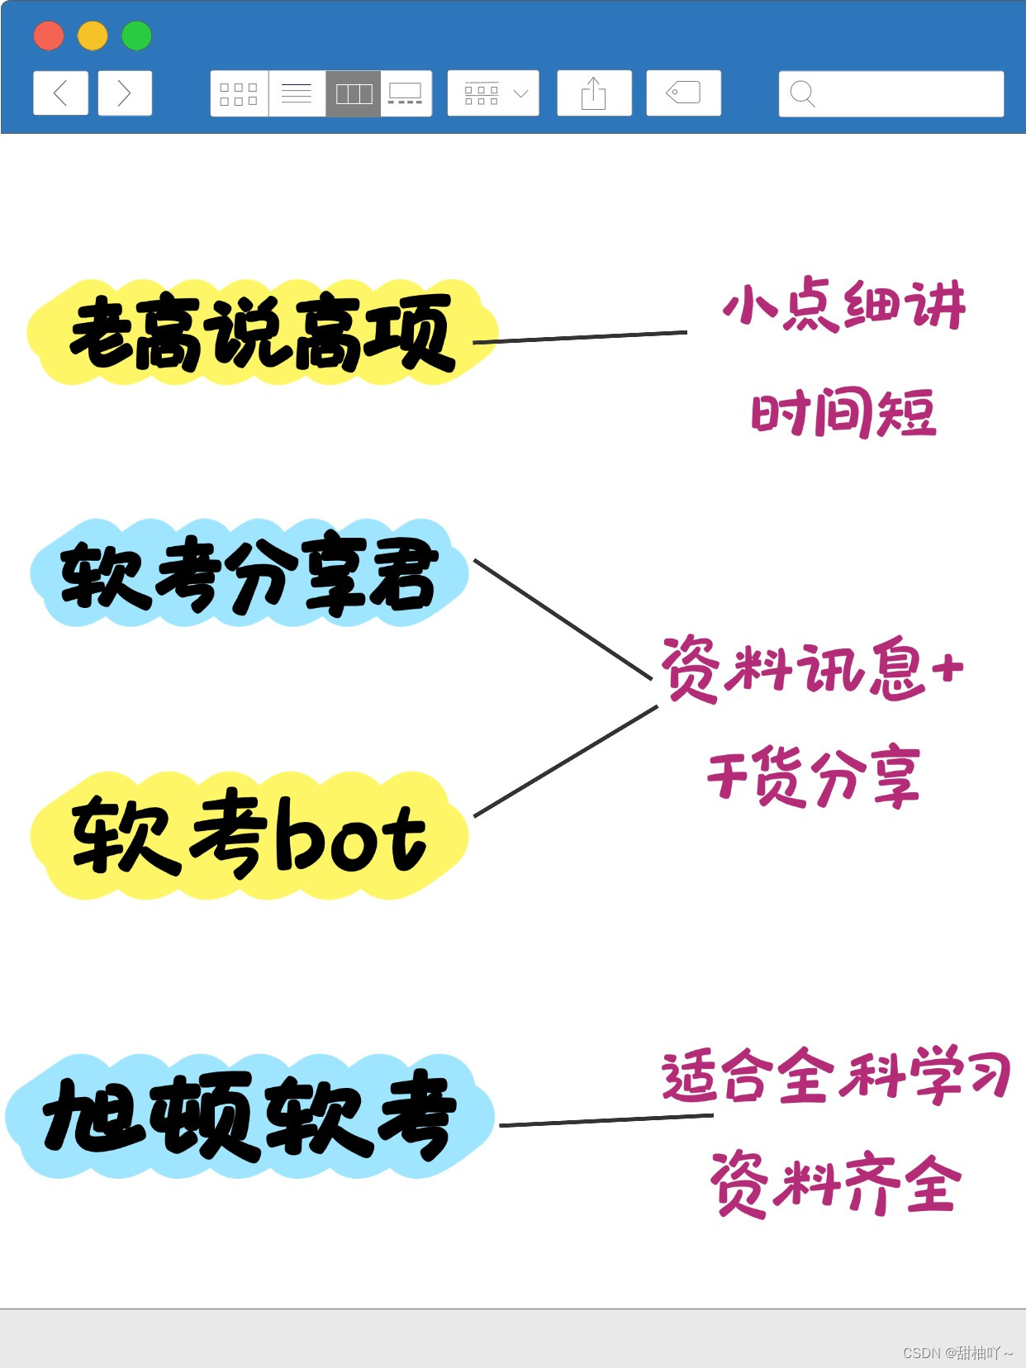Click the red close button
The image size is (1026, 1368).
click(49, 36)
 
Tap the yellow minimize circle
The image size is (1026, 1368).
click(93, 36)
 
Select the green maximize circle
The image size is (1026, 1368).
click(136, 36)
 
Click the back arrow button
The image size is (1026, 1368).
click(60, 93)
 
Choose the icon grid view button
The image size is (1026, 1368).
click(239, 94)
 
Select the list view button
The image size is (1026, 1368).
click(297, 94)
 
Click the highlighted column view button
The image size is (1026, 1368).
click(354, 94)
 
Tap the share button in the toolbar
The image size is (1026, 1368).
click(594, 93)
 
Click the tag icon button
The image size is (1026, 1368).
click(683, 93)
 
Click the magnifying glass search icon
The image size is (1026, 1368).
click(802, 94)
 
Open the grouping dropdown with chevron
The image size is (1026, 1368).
click(493, 94)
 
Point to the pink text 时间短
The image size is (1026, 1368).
click(843, 413)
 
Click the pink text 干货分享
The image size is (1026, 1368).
click(814, 777)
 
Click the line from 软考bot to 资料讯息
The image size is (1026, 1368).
click(566, 761)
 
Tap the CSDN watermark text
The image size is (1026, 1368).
click(957, 1352)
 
